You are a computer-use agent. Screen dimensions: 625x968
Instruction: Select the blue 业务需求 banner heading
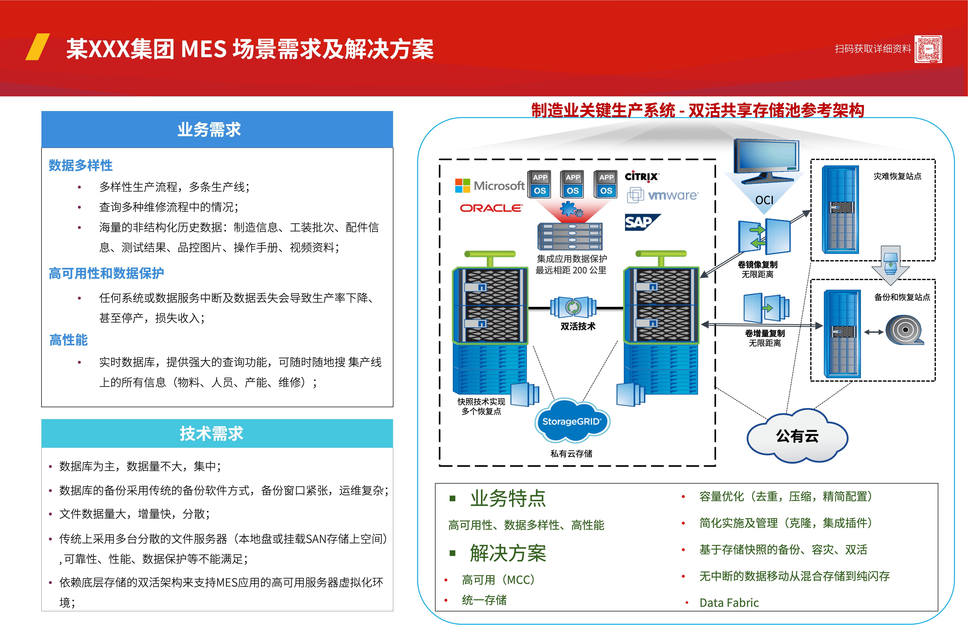click(x=217, y=130)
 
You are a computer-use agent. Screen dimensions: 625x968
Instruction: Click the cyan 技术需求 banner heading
click(x=217, y=433)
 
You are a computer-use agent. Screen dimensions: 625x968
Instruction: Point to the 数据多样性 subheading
click(x=81, y=165)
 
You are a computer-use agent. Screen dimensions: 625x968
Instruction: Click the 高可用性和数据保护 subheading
click(x=106, y=273)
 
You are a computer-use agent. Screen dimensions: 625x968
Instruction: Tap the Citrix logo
click(x=642, y=177)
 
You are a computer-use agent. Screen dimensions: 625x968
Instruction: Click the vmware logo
click(x=663, y=196)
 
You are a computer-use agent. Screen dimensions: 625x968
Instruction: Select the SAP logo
click(x=643, y=222)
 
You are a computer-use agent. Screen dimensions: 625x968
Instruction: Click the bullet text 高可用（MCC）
click(x=498, y=580)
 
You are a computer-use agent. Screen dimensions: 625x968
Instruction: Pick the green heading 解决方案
click(x=508, y=553)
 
